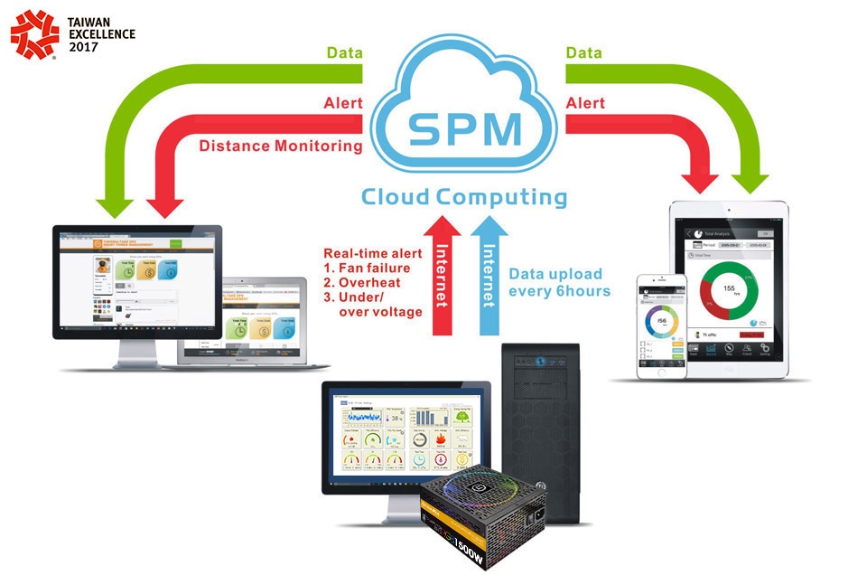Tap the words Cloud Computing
464,196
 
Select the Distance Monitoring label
280,145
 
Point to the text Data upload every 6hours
559,281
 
